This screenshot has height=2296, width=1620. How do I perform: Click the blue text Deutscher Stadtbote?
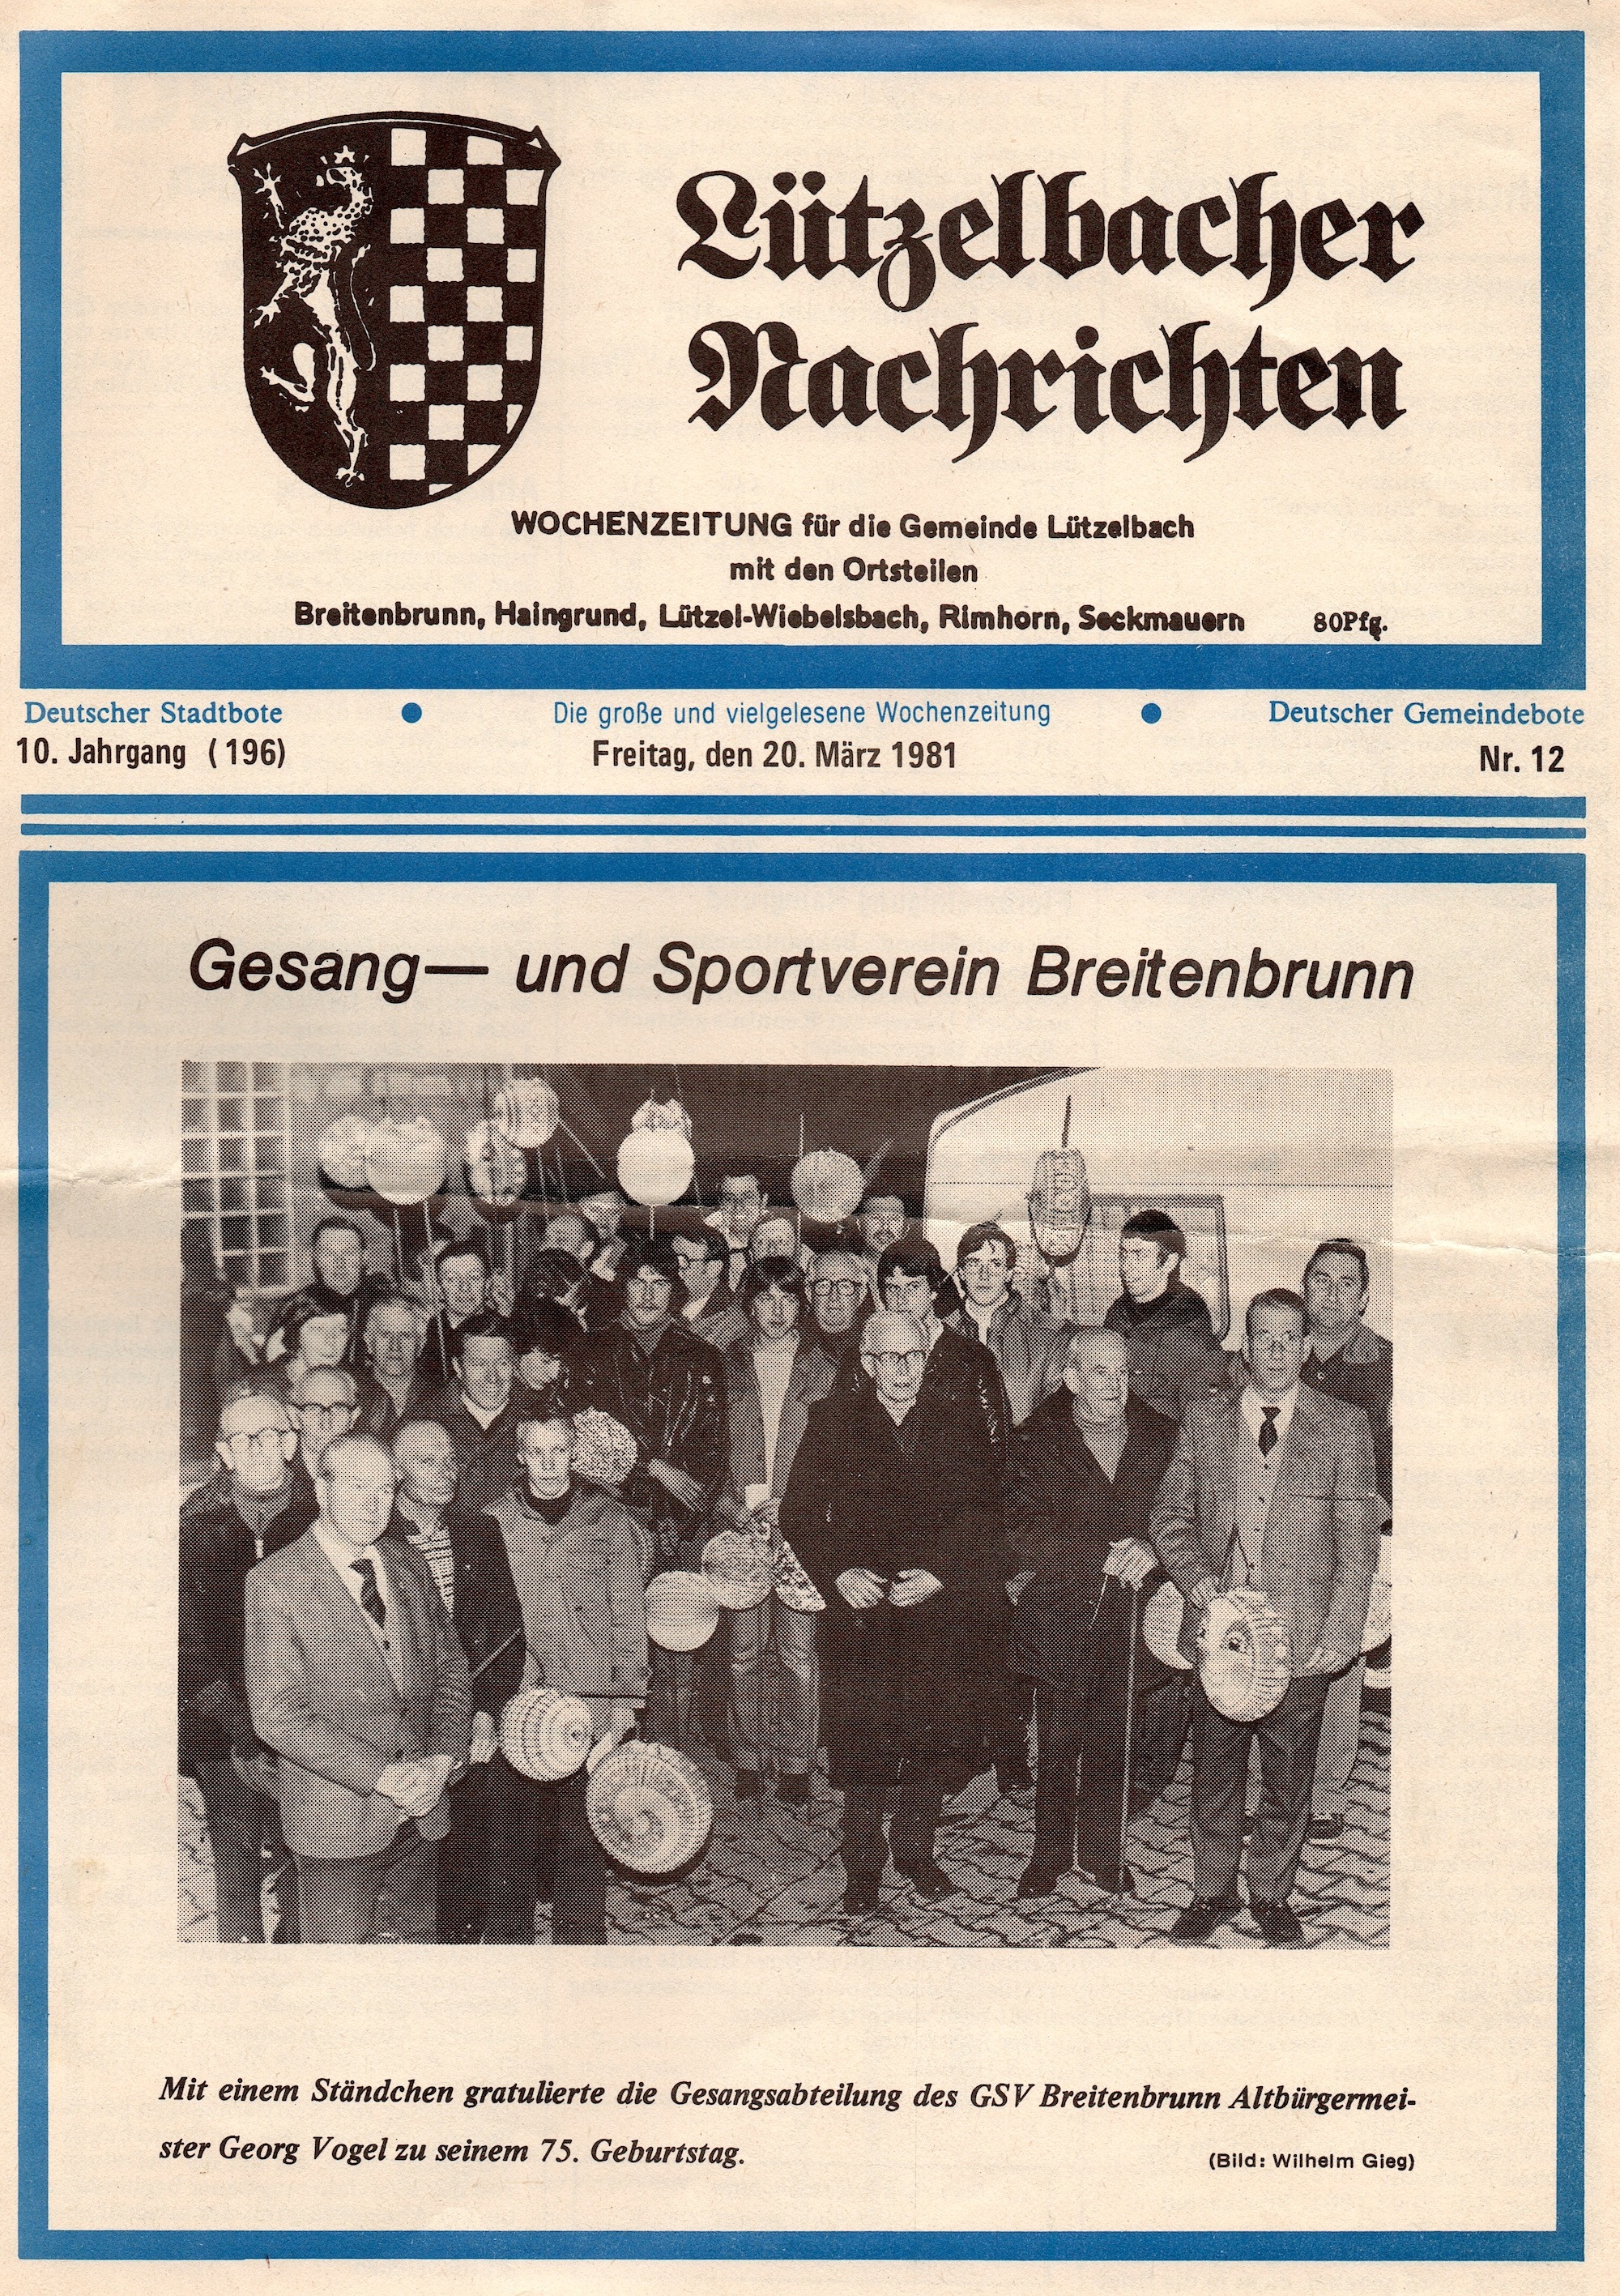(153, 713)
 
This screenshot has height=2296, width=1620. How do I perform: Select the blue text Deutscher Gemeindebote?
(1426, 713)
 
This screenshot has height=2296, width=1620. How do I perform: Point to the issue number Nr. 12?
(1521, 760)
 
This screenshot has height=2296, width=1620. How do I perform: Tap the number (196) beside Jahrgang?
(246, 753)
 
